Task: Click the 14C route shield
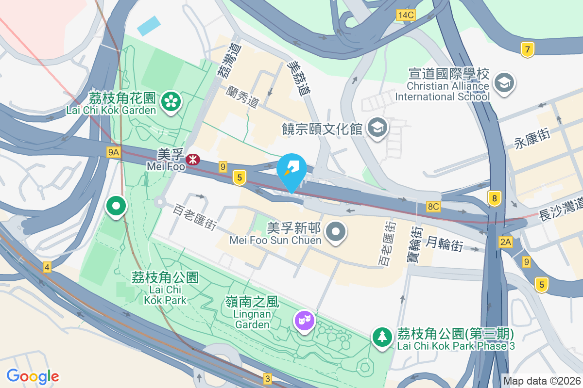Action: point(405,15)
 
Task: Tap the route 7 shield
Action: point(527,49)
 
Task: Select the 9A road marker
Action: point(114,153)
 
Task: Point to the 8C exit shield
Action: point(433,207)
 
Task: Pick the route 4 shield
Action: point(47,267)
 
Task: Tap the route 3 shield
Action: point(267,378)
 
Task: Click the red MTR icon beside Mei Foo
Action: point(193,159)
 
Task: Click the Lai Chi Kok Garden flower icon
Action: point(171,101)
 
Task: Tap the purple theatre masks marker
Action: point(305,321)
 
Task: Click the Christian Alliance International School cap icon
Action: point(504,82)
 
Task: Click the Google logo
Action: point(33,376)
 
